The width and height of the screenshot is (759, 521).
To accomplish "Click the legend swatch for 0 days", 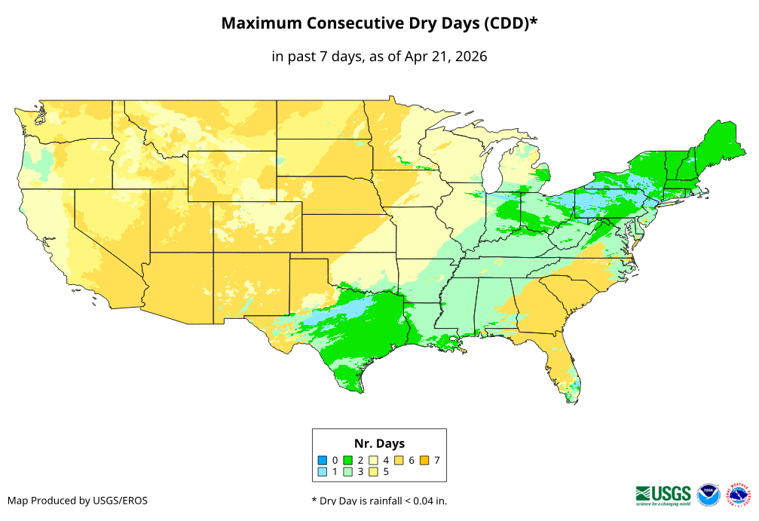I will coord(322,460).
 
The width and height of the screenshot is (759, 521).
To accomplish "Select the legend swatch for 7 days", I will coord(424,460).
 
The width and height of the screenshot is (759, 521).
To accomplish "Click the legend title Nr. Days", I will coord(379,443).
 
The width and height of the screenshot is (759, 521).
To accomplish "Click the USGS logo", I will coord(663,494).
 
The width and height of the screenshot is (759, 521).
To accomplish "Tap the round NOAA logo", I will coord(709,495).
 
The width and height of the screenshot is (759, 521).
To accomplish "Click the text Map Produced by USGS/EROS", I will coord(78,501).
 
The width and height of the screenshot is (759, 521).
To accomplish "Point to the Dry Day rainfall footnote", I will coord(379,501).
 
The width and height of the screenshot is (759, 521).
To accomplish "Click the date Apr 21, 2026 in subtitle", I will coord(445,57).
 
